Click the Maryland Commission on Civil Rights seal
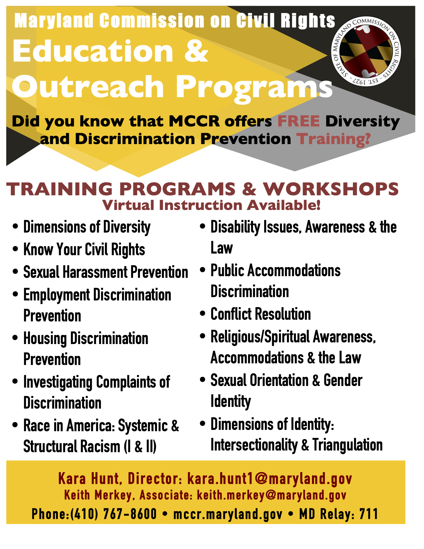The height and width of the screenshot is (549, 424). [x=366, y=51]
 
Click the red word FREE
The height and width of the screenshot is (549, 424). [x=299, y=121]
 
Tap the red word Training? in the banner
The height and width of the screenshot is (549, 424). [x=333, y=139]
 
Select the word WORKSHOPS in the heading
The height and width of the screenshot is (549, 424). [x=331, y=189]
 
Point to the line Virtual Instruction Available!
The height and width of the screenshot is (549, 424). [x=212, y=205]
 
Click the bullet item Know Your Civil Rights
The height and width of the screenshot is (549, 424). [x=84, y=250]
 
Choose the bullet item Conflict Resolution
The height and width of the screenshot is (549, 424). [x=261, y=314]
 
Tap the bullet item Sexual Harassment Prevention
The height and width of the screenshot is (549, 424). [x=105, y=272]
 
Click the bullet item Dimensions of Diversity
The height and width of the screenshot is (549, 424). [x=87, y=227]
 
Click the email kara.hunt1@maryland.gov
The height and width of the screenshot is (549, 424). [x=270, y=479]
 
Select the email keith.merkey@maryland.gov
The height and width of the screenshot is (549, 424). [x=271, y=495]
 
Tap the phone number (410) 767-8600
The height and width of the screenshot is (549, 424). [x=113, y=514]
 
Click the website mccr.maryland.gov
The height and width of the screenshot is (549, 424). [x=227, y=514]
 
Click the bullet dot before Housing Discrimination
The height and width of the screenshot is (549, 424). [x=15, y=338]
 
